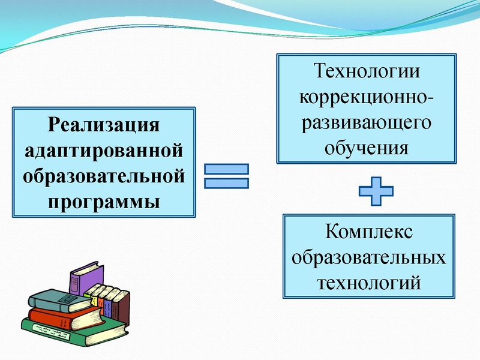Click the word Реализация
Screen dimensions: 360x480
click(x=105, y=126)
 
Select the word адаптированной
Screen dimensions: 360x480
click(x=105, y=151)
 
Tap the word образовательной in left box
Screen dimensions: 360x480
click(x=105, y=175)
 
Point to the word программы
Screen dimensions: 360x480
click(x=105, y=200)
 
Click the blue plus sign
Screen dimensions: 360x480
click(x=376, y=191)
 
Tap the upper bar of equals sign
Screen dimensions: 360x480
click(x=227, y=170)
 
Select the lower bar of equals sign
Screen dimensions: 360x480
click(x=227, y=184)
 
